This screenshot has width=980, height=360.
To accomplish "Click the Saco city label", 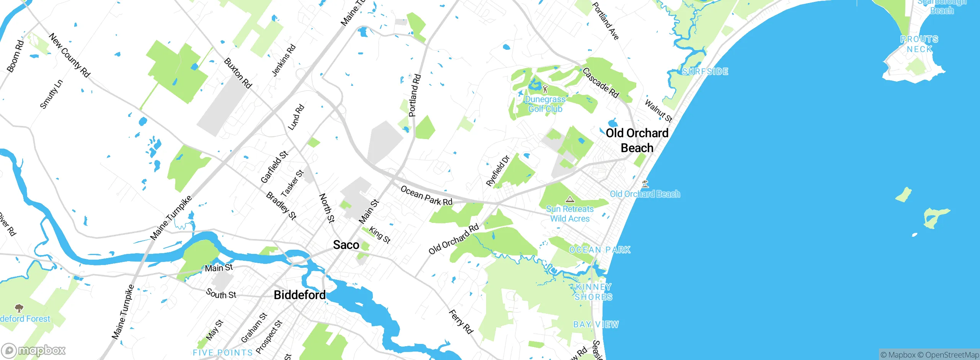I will click(x=346, y=245).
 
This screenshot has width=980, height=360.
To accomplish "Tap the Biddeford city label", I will click(x=300, y=295).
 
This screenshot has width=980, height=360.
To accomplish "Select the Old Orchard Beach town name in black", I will click(x=637, y=141).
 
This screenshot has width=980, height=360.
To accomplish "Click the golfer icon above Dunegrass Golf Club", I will click(x=545, y=90).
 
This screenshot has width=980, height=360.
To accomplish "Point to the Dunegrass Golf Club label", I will click(x=545, y=104).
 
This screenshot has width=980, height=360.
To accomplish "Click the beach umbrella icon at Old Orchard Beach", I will click(x=645, y=184).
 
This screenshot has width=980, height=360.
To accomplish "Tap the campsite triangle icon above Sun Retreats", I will click(x=570, y=200).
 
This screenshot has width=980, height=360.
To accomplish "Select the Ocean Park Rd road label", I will click(x=426, y=196).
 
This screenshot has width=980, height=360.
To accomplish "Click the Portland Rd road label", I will click(x=415, y=95).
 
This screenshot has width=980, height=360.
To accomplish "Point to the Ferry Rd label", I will click(x=461, y=322).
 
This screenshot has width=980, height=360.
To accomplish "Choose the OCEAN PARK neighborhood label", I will click(x=599, y=250).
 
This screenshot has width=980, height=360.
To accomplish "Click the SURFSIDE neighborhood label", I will click(x=705, y=72).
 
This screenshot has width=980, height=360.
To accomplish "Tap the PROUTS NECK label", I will click(x=919, y=44).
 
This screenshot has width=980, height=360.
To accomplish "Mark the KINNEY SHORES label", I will click(x=593, y=292).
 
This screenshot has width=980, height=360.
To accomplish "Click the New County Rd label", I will click(x=69, y=55).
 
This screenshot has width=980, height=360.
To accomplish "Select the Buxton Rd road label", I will click(x=238, y=73).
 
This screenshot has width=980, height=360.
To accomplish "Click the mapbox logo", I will click(x=34, y=350).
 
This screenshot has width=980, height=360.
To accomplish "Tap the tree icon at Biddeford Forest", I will click(x=19, y=308).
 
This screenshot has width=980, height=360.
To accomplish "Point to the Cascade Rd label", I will click(x=600, y=83).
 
